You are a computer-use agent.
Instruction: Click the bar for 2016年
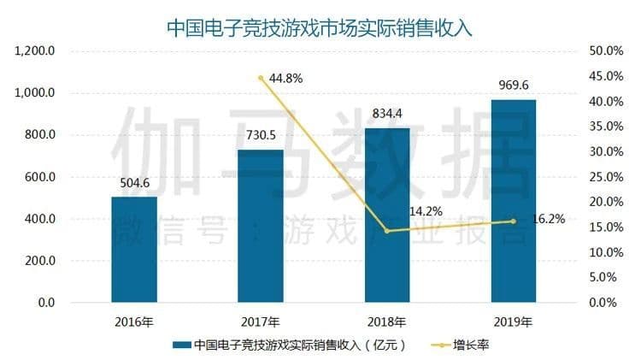click(134, 250)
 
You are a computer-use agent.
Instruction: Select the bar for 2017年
click(261, 227)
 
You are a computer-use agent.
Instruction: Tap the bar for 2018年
click(387, 215)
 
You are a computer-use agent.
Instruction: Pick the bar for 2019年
click(514, 201)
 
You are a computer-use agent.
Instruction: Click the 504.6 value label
click(134, 182)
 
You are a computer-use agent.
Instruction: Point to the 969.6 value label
click(514, 85)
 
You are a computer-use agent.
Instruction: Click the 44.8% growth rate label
click(285, 79)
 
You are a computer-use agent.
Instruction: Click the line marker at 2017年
click(261, 78)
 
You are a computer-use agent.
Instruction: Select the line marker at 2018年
click(387, 231)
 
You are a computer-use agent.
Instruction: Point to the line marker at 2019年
click(514, 221)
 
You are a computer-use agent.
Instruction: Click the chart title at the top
click(320, 25)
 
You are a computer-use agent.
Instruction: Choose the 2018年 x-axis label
click(387, 322)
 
